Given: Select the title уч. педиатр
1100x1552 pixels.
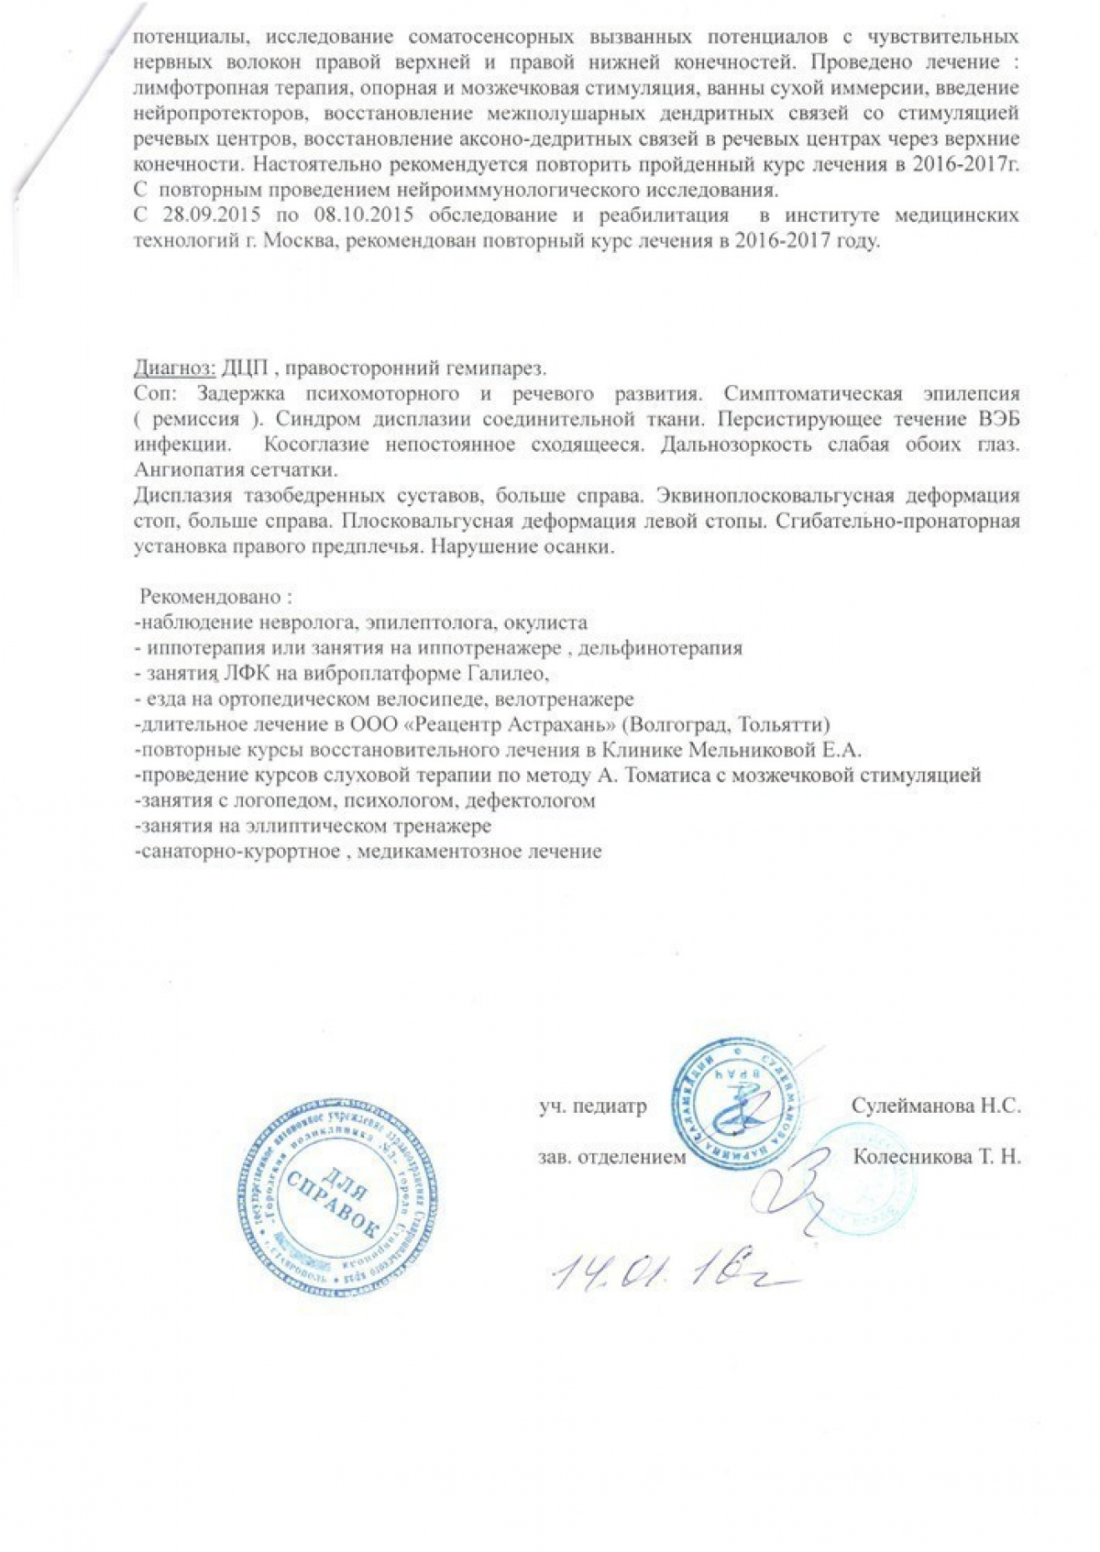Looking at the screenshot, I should point(592,1106).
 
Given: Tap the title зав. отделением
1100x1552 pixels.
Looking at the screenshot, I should point(611,1157).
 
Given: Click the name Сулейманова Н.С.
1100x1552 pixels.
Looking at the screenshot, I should point(936,1106).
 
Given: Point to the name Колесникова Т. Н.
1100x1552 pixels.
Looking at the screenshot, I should point(936,1157).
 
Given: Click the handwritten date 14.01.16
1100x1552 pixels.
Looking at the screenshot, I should point(668,1271).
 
